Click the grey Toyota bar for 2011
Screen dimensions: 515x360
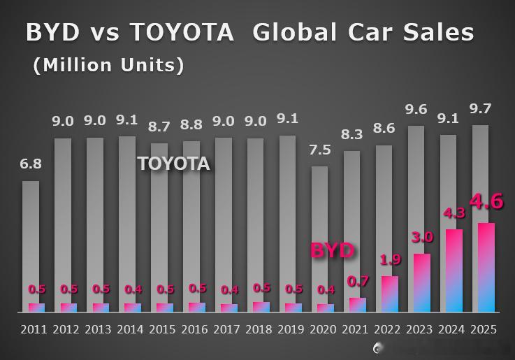(31, 246)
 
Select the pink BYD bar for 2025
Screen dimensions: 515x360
(486, 267)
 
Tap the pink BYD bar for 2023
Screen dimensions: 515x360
(422, 283)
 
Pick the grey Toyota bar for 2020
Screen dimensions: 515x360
(319, 239)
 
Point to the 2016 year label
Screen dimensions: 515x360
(194, 329)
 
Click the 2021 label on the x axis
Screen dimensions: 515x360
(355, 329)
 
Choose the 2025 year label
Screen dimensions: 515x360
(484, 329)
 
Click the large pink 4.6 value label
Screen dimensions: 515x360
(486, 201)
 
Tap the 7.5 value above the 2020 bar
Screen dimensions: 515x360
(320, 150)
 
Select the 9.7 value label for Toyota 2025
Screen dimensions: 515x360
(480, 108)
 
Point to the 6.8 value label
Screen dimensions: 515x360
(31, 164)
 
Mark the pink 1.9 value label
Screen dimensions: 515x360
(391, 260)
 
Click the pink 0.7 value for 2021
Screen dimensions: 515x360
(358, 282)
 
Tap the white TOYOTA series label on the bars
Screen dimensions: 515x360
(174, 164)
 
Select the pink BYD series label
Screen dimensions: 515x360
(333, 251)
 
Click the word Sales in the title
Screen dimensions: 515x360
(439, 32)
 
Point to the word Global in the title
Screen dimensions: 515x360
(295, 32)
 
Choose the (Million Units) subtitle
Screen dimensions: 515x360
(109, 65)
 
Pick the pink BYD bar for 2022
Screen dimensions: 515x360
(390, 294)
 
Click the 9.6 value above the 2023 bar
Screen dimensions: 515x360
(416, 110)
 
